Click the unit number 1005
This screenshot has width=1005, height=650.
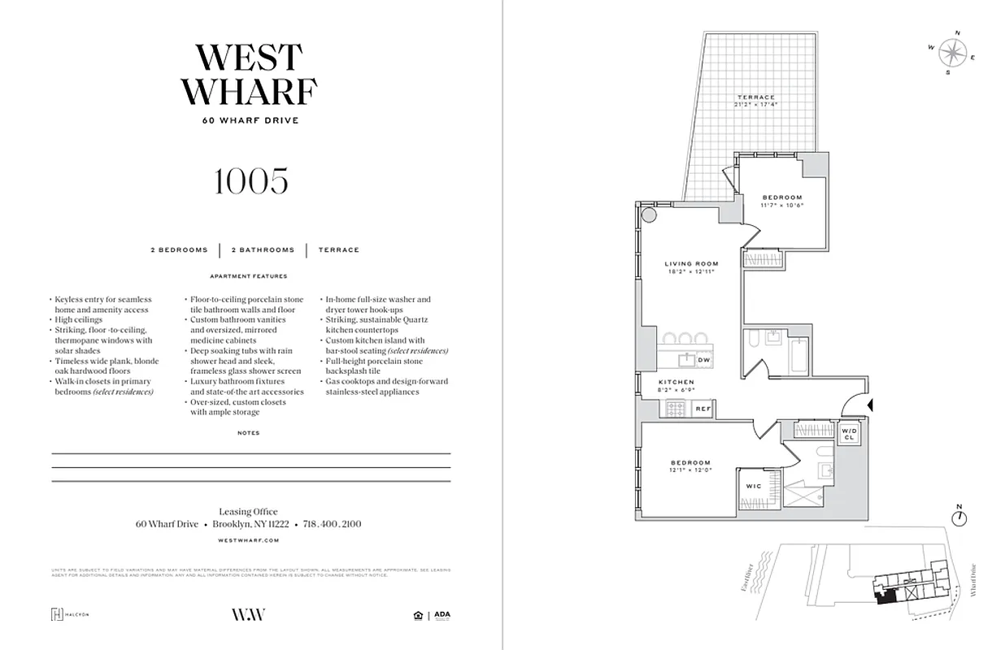(x=250, y=182)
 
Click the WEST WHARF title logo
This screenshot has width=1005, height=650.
(x=249, y=75)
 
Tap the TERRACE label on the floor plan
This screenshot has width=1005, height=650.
(x=756, y=97)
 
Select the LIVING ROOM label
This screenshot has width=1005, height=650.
(x=691, y=264)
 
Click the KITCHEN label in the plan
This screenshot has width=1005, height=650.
(x=677, y=382)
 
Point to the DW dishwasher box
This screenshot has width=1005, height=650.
(x=704, y=359)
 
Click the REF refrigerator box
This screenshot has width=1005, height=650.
(x=703, y=409)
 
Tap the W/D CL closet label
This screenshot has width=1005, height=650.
(x=849, y=434)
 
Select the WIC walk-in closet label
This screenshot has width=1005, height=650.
(x=753, y=486)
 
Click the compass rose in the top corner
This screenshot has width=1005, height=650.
(x=951, y=53)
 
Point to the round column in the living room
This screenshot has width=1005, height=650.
(x=650, y=215)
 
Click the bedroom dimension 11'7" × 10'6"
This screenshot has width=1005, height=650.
(x=781, y=206)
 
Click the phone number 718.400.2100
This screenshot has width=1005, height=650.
(x=332, y=524)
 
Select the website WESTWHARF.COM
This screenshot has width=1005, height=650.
(x=250, y=539)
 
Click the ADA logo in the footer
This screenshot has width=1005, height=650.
(x=442, y=615)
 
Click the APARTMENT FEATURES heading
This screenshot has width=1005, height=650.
(x=249, y=276)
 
